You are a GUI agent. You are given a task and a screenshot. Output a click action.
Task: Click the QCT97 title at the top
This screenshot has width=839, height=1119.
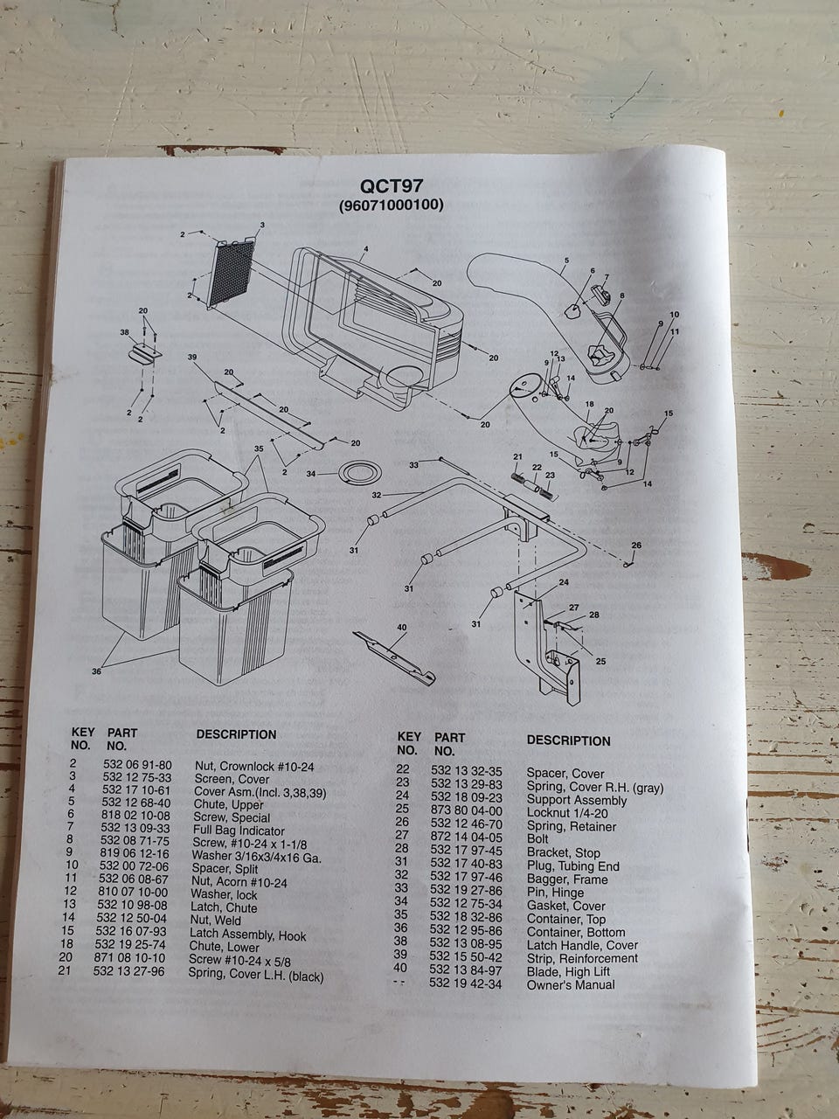[392, 186]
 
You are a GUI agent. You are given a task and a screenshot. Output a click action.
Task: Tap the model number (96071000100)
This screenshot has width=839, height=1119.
[392, 205]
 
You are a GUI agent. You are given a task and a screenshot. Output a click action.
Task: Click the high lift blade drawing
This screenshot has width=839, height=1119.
[394, 657]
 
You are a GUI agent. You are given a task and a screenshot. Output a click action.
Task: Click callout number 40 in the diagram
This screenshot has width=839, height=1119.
[402, 627]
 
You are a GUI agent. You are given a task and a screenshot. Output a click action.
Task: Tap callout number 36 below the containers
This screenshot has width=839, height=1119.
[96, 671]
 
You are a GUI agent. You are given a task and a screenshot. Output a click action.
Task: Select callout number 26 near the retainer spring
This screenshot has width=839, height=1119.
[636, 545]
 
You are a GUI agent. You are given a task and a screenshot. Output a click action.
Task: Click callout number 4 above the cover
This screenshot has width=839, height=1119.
[366, 249]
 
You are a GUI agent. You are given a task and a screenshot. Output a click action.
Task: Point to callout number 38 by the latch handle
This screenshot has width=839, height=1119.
[125, 332]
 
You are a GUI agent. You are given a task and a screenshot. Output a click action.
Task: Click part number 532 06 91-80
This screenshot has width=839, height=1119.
[137, 765]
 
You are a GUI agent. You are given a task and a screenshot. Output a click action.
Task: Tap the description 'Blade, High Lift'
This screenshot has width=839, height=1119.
[568, 971]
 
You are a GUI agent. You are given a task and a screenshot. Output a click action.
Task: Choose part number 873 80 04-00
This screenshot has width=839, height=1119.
[466, 810]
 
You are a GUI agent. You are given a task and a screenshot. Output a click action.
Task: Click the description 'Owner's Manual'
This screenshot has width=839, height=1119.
[571, 984]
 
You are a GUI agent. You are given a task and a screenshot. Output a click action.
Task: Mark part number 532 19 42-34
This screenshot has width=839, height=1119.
[465, 983]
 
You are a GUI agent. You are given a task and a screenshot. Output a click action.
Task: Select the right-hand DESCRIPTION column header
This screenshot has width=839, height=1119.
[568, 740]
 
